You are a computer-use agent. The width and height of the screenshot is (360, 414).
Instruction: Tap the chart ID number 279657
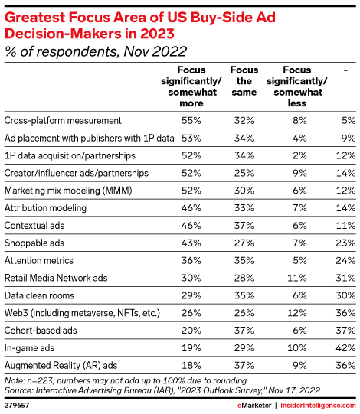(18, 403)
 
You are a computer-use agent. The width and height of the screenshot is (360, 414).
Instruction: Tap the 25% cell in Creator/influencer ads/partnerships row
(244, 173)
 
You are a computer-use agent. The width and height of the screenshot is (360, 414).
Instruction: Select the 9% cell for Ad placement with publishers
(346, 138)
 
